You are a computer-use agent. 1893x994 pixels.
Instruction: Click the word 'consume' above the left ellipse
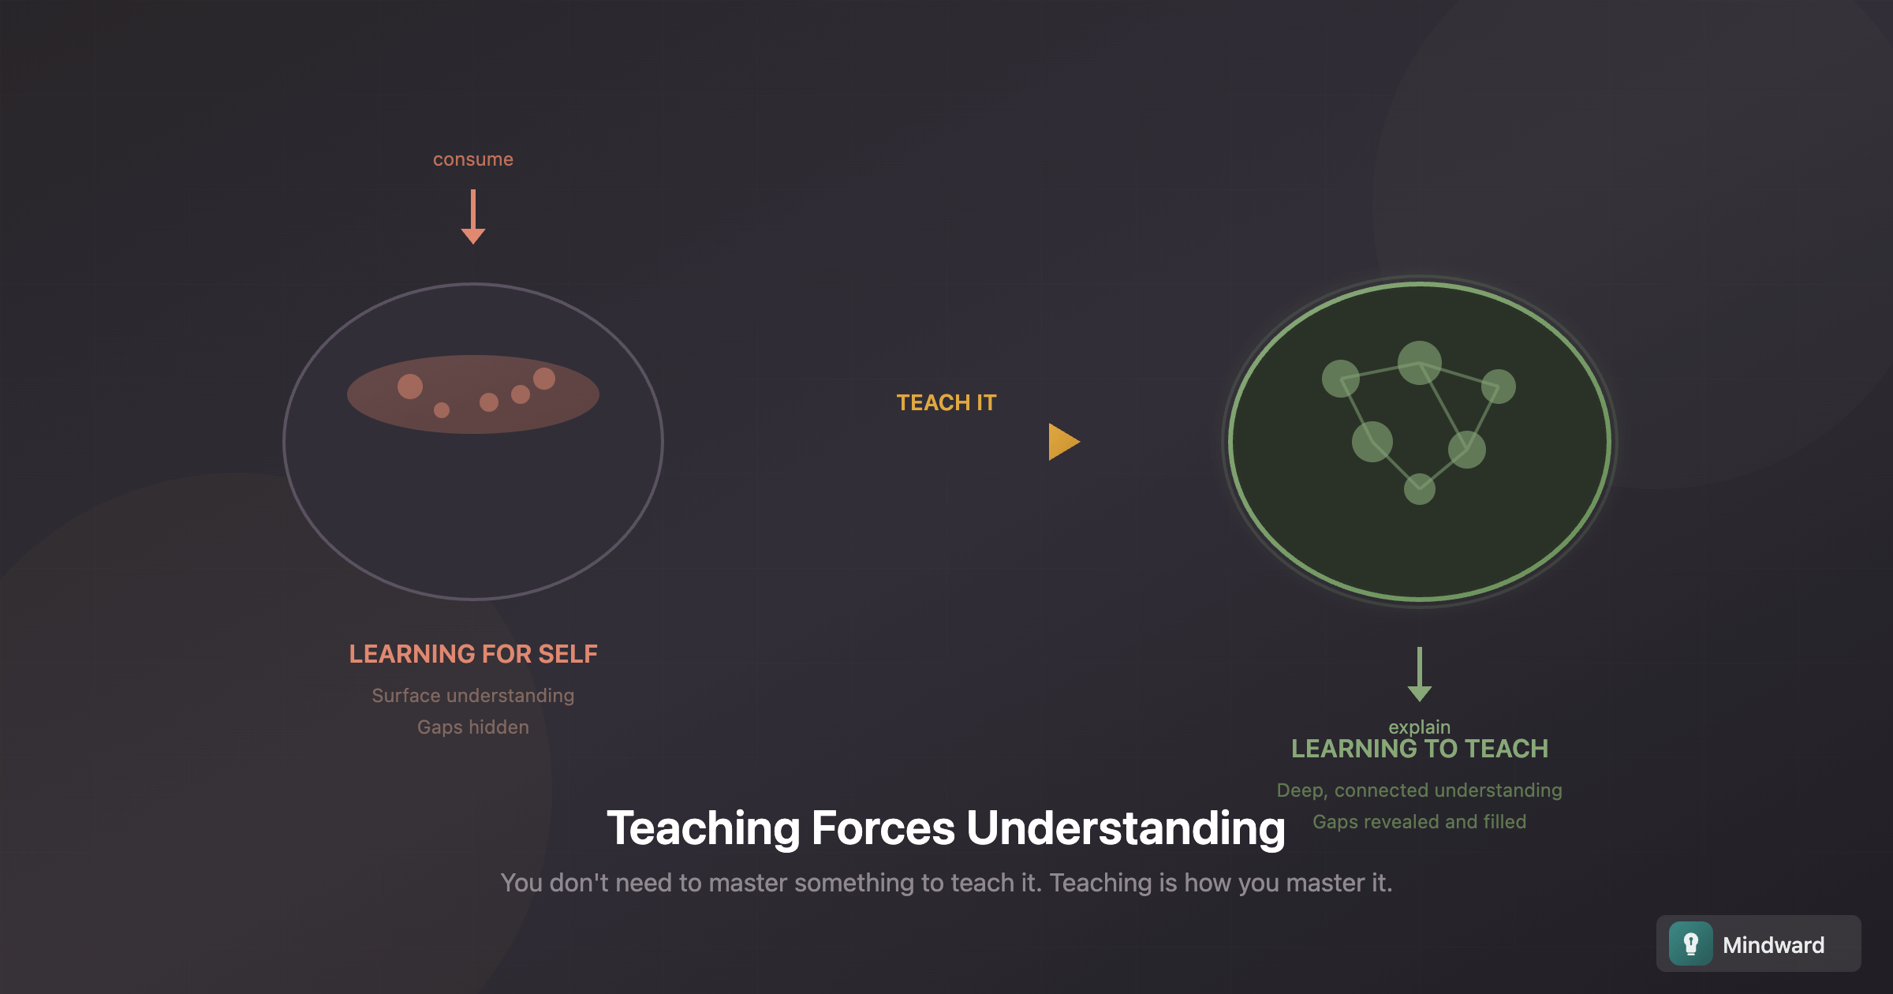pyautogui.click(x=473, y=159)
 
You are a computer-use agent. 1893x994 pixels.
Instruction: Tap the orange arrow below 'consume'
pyautogui.click(x=473, y=217)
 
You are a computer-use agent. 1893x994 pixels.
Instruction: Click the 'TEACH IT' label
pyautogui.click(x=946, y=402)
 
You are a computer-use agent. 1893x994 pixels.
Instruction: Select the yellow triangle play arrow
pyautogui.click(x=1064, y=442)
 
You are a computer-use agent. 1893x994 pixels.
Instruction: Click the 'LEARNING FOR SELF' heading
pyautogui.click(x=473, y=654)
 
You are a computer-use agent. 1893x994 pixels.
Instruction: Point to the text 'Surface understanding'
pyautogui.click(x=473, y=696)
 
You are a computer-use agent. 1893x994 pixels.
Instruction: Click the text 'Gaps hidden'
pyautogui.click(x=473, y=727)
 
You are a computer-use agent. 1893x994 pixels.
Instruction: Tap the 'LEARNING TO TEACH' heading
pyautogui.click(x=1420, y=749)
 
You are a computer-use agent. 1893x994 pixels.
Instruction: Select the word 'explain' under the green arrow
pyautogui.click(x=1420, y=726)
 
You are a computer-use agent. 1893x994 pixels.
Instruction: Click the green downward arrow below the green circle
pyautogui.click(x=1420, y=674)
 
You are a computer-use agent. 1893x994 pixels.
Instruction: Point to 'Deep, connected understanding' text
pyautogui.click(x=1420, y=790)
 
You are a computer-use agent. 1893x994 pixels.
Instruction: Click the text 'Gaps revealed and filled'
pyautogui.click(x=1420, y=822)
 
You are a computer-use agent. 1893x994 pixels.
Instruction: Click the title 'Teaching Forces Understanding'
pyautogui.click(x=946, y=828)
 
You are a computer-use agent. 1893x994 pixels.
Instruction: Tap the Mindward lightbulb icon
pyautogui.click(x=1691, y=944)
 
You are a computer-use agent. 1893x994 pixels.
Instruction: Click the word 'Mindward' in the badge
pyautogui.click(x=1774, y=945)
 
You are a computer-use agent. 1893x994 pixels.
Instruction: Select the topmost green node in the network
pyautogui.click(x=1420, y=363)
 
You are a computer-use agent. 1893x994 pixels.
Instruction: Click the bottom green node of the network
pyautogui.click(x=1420, y=489)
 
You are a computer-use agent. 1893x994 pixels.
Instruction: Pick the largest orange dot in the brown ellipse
pyautogui.click(x=410, y=387)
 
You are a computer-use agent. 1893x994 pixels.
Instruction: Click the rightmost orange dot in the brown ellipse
pyautogui.click(x=544, y=379)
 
